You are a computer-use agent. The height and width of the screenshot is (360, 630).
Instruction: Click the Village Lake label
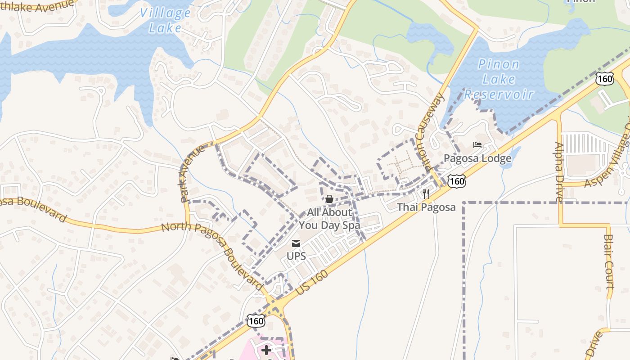pos(165,20)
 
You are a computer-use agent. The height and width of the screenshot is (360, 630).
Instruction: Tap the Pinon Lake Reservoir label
pos(499,79)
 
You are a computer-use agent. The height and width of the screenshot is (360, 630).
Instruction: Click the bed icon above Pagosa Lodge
pos(477,145)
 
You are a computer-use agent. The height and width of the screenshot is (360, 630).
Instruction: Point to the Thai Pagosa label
pos(426,207)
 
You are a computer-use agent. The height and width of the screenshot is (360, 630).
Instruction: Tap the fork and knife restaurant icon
pos(426,194)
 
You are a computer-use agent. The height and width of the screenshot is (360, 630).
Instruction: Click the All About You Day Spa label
pos(329,219)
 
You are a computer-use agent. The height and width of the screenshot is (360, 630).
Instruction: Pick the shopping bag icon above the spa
pos(329,199)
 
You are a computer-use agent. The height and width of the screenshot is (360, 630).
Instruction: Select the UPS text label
pos(296,256)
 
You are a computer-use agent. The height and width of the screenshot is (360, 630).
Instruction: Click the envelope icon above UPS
pos(296,244)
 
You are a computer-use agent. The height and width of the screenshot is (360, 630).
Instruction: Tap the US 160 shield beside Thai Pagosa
pos(456,181)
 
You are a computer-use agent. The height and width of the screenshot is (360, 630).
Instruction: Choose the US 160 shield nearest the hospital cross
pos(256,321)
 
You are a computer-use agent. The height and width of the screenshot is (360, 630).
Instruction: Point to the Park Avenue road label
pos(192,173)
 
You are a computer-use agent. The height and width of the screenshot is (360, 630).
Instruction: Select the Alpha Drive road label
pos(559,171)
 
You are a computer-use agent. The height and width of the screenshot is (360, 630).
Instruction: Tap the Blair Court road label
pos(608,261)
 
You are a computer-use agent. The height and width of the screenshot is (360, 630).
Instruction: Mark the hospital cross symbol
pos(266,350)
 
